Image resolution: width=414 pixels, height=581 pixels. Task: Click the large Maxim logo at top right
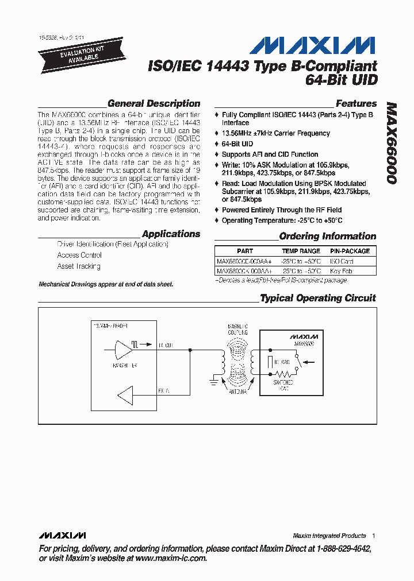pyautogui.click(x=313, y=45)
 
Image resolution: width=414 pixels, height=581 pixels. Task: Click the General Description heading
pyautogui.click(x=154, y=104)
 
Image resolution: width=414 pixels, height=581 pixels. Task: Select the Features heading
pyautogui.click(x=356, y=104)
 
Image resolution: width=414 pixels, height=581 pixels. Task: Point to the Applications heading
pyautogui.click(x=171, y=234)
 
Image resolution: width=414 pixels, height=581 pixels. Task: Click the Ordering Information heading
pyautogui.click(x=327, y=236)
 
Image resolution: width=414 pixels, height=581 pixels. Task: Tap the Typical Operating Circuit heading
pyautogui.click(x=317, y=298)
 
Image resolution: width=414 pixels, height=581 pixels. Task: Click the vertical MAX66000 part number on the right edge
pyautogui.click(x=391, y=144)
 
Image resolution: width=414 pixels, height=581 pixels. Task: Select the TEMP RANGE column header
pyautogui.click(x=301, y=251)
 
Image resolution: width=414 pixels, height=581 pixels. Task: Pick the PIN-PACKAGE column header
pyautogui.click(x=350, y=251)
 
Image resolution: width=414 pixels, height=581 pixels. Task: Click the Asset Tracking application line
pyautogui.click(x=79, y=266)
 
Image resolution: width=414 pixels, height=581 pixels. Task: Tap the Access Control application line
pyautogui.click(x=79, y=255)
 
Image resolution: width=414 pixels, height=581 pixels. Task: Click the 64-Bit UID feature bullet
pyautogui.click(x=237, y=144)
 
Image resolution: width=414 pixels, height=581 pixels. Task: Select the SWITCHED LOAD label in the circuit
pyautogui.click(x=282, y=385)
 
